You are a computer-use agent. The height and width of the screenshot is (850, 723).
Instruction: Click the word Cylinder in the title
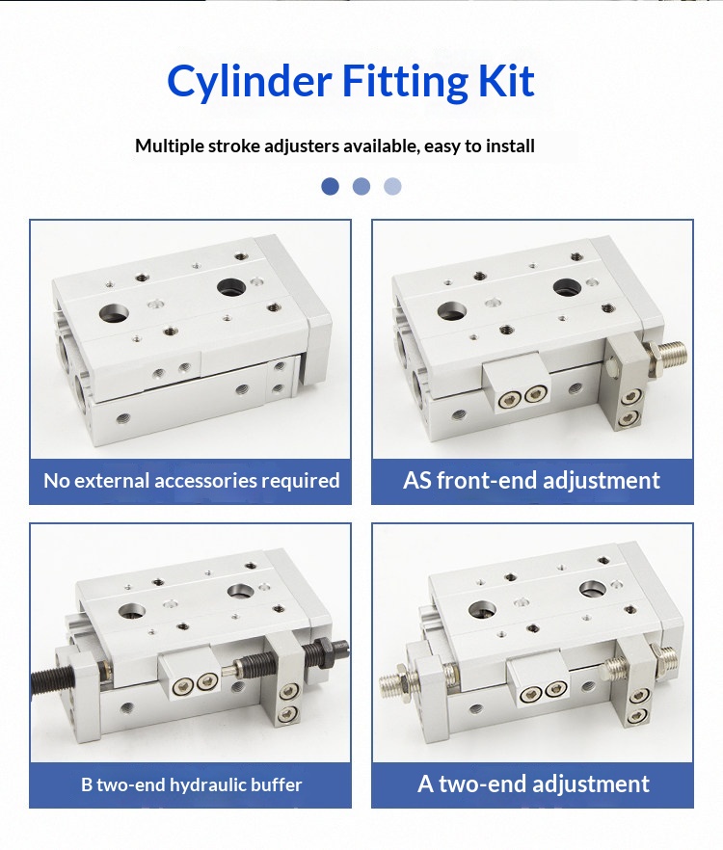pos(249,81)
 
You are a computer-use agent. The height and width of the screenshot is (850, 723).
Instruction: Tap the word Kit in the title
pos(506,80)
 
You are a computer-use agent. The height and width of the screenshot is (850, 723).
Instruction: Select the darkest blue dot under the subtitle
pos(331,187)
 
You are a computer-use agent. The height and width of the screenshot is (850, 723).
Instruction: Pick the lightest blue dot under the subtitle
pos(392,187)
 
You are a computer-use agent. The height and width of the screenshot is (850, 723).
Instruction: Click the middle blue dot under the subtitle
pos(361,187)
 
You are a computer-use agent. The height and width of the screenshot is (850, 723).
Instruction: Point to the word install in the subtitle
pos(510,146)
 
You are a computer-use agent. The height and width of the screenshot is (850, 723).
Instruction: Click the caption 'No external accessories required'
pos(192,481)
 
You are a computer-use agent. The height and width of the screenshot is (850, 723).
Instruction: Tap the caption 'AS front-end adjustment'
pos(531,480)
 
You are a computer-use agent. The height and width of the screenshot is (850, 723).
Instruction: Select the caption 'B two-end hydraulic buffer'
pos(192,784)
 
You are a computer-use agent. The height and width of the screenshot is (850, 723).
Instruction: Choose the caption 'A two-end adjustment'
pos(533,784)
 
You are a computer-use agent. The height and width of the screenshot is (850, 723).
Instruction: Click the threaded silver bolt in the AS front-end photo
pos(666,353)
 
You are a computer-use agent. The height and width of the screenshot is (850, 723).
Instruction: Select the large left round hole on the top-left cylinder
pos(114,314)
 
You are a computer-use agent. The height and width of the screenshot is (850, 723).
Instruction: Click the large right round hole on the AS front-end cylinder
pos(568,287)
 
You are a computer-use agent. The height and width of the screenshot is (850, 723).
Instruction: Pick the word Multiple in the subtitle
pos(170,146)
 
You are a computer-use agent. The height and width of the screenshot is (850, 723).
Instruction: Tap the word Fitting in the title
pos(405,81)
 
